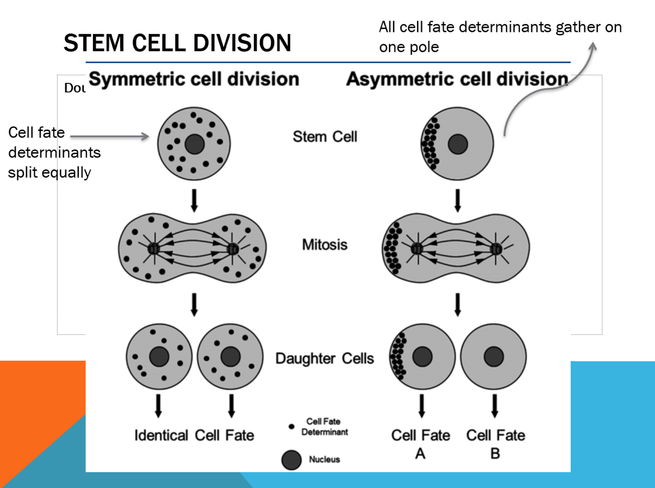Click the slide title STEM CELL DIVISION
[177, 43]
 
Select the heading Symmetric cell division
[194, 79]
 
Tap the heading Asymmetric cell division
[457, 79]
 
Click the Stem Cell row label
[325, 136]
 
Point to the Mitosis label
[325, 244]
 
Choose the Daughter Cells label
[325, 358]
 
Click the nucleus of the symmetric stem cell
[194, 144]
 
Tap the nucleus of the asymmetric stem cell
[458, 144]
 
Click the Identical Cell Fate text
[194, 435]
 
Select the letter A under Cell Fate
[420, 454]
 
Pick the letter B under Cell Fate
[495, 454]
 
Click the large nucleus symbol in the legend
[291, 460]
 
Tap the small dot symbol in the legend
[291, 427]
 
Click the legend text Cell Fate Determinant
[324, 427]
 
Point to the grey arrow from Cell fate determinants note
[109, 136]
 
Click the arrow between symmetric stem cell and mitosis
[194, 200]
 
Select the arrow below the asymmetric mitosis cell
[458, 304]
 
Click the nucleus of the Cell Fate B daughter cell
[493, 357]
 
